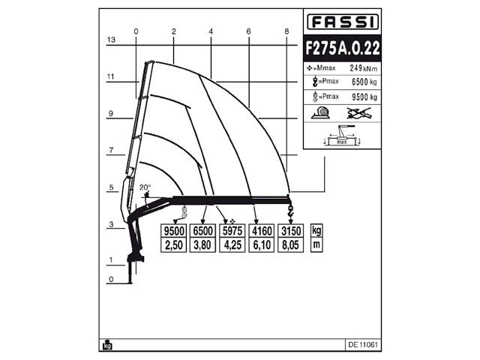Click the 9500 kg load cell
[174, 231]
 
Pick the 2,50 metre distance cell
[174, 244]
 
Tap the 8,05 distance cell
[289, 244]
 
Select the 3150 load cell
[289, 231]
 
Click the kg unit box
[316, 230]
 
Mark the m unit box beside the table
[316, 244]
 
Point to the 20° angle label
[145, 187]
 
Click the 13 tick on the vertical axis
[109, 39]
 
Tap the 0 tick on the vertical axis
[109, 280]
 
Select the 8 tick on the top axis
[286, 31]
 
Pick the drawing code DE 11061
[363, 345]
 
